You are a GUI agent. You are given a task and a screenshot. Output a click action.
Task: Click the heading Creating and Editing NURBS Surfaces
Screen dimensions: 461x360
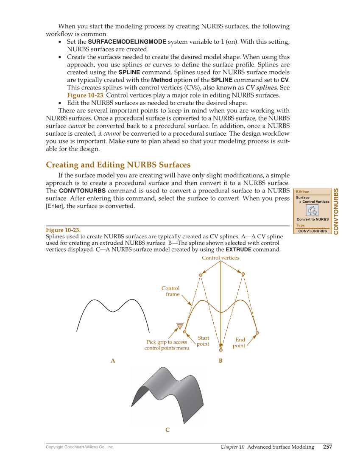[118, 165]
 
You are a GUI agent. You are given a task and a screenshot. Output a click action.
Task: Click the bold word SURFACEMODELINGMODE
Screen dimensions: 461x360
[127, 42]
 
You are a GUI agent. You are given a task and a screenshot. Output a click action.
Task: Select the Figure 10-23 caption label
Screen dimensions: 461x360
[63, 230]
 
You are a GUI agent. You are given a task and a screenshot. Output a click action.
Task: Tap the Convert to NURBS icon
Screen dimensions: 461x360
[313, 210]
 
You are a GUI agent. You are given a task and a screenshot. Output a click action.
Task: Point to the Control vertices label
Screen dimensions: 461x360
[220, 258]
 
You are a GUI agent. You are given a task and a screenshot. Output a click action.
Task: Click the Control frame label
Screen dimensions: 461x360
[170, 291]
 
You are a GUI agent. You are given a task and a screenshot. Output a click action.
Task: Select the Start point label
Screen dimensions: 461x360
[203, 341]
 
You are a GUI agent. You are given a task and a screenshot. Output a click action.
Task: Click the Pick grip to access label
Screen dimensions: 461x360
[167, 342]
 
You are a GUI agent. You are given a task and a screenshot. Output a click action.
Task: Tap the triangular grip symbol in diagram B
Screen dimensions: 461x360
[179, 326]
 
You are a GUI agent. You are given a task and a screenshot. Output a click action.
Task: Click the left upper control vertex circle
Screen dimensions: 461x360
[201, 275]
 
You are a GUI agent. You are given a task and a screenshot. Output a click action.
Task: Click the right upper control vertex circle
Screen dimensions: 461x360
[243, 274]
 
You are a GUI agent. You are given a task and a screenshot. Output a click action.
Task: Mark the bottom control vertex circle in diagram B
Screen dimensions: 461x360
[221, 350]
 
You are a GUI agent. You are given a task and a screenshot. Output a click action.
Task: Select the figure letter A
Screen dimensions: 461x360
[113, 361]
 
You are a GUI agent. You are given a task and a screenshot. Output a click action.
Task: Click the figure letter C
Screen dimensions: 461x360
[167, 430]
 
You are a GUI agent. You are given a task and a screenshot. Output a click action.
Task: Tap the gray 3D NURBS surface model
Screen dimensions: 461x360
[167, 394]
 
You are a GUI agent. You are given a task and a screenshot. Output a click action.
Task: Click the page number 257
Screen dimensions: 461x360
[327, 447]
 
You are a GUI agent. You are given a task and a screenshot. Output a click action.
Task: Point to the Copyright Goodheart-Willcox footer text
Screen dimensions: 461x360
[80, 447]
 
